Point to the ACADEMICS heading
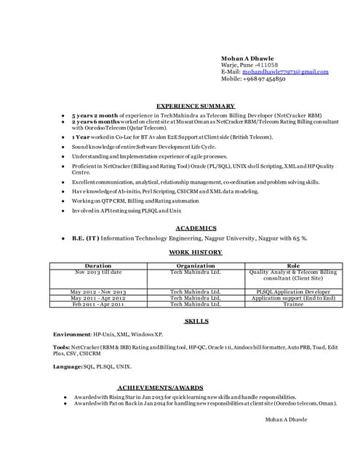point(196,228)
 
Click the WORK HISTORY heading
point(195,252)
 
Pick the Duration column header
point(98,266)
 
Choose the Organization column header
point(195,266)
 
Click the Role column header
point(293,266)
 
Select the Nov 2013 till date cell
point(98,272)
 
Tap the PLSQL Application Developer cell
point(293,291)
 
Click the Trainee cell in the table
point(293,304)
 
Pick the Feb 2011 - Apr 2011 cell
point(98,304)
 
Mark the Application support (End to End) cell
point(293,298)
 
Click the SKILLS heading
point(196,320)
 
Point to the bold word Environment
point(72,333)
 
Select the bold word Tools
point(62,347)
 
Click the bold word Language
point(68,367)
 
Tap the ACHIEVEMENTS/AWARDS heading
point(160,387)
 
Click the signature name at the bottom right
point(286,419)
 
